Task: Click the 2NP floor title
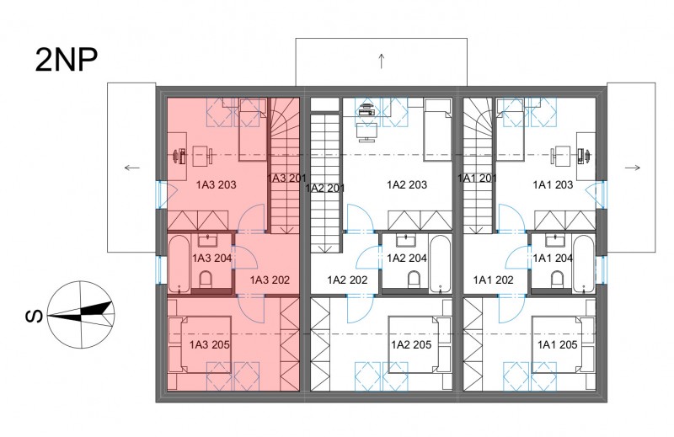(67, 60)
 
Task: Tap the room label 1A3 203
(217, 184)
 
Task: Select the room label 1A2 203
(407, 184)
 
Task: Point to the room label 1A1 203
(553, 184)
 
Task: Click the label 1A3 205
(209, 344)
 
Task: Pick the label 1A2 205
(411, 344)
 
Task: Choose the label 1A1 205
(557, 344)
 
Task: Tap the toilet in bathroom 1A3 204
(206, 280)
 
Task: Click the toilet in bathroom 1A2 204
(415, 280)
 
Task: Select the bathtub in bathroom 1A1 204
(583, 264)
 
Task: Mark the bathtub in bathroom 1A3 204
(179, 264)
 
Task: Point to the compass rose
(80, 315)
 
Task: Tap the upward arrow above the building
(382, 61)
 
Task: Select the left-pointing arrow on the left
(132, 168)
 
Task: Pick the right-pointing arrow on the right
(633, 168)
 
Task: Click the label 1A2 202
(347, 280)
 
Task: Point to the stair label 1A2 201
(325, 189)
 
